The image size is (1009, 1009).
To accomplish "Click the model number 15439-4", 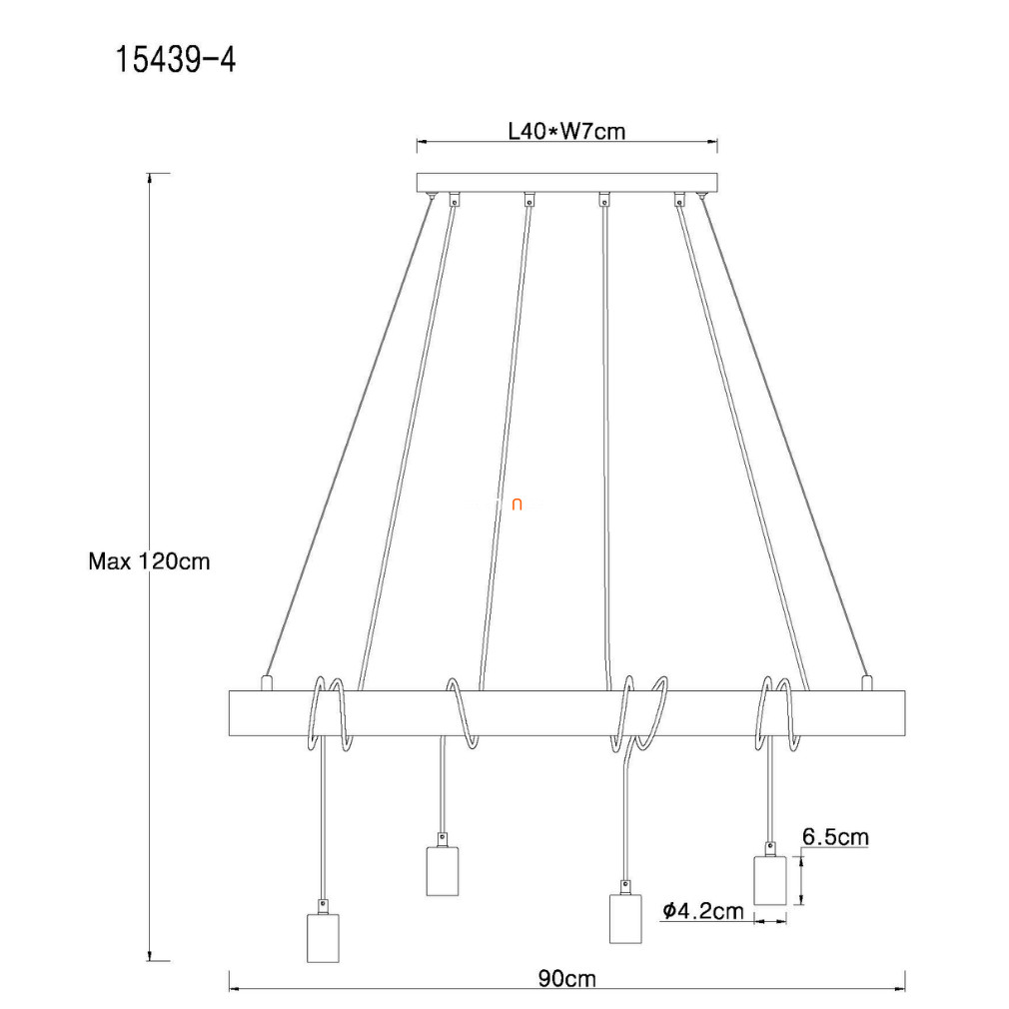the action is tap(175, 60).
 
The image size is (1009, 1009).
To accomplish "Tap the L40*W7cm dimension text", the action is tap(566, 131).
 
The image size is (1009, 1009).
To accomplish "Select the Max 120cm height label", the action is tap(149, 561).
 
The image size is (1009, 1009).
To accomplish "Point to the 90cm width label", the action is tap(566, 979).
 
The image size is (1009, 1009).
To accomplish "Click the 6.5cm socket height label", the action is tap(835, 836).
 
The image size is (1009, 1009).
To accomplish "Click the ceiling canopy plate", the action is tap(566, 183).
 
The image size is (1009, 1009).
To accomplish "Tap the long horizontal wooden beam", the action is tap(566, 713).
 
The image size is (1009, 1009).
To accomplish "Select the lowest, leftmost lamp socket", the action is tap(323, 938).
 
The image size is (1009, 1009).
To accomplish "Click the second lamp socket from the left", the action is tap(443, 871).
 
